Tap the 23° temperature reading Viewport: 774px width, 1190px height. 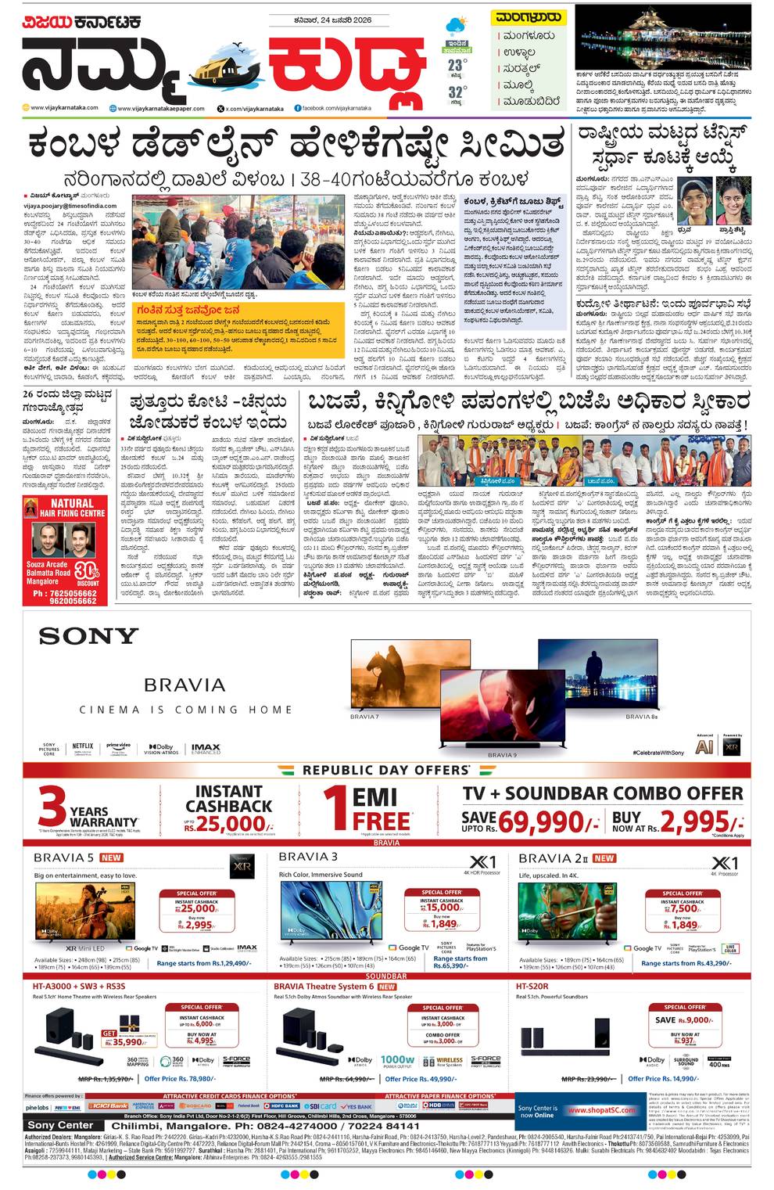tap(457, 66)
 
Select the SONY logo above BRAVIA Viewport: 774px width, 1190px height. tap(88, 636)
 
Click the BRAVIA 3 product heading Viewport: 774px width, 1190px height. tap(308, 857)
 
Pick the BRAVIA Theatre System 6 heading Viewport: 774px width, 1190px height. tap(324, 987)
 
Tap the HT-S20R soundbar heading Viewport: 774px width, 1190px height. tap(532, 987)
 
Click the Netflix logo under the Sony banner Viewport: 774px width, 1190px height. tap(82, 747)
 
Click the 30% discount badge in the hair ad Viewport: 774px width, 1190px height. tap(88, 572)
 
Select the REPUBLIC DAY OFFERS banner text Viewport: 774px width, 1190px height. tap(386, 770)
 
